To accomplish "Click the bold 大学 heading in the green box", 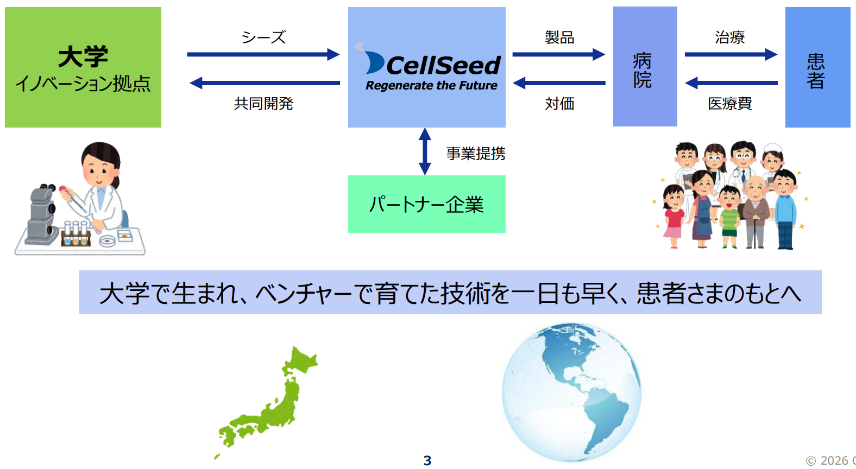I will (83, 56).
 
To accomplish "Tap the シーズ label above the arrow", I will (263, 37).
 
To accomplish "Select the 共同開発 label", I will (263, 103).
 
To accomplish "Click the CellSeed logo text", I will (443, 66).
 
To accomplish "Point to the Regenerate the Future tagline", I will (431, 86).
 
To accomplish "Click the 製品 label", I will (559, 37).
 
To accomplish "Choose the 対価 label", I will (559, 103).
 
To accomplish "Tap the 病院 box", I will (645, 67).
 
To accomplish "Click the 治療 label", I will (729, 37).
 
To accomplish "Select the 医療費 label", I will (729, 103).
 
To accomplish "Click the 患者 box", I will (817, 67).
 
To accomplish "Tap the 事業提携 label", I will (476, 154).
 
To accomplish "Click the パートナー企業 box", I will (426, 204).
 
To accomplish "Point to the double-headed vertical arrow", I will (425, 151).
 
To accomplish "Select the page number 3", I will (427, 460).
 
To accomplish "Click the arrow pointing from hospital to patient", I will (731, 54).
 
